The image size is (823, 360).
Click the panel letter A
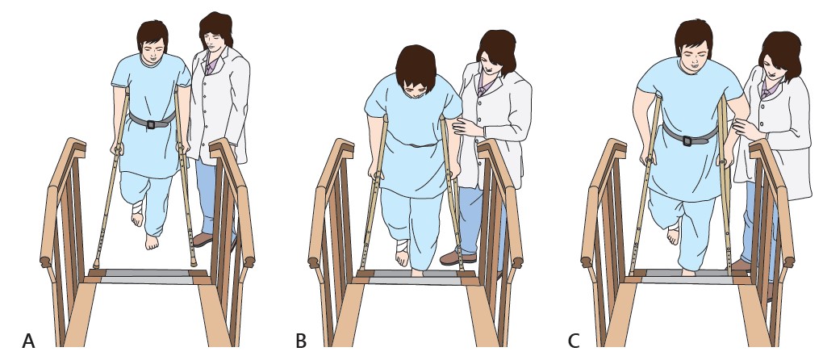(x=28, y=341)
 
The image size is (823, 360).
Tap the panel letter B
(x=301, y=341)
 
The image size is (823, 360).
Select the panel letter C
(x=574, y=341)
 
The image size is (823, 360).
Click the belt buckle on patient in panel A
(x=151, y=124)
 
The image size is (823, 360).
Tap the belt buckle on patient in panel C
(x=687, y=140)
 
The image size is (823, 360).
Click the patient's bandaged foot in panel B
(x=402, y=253)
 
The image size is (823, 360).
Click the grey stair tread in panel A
(x=147, y=277)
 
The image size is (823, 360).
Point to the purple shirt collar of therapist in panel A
(x=211, y=65)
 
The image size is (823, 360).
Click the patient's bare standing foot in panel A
(x=152, y=242)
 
